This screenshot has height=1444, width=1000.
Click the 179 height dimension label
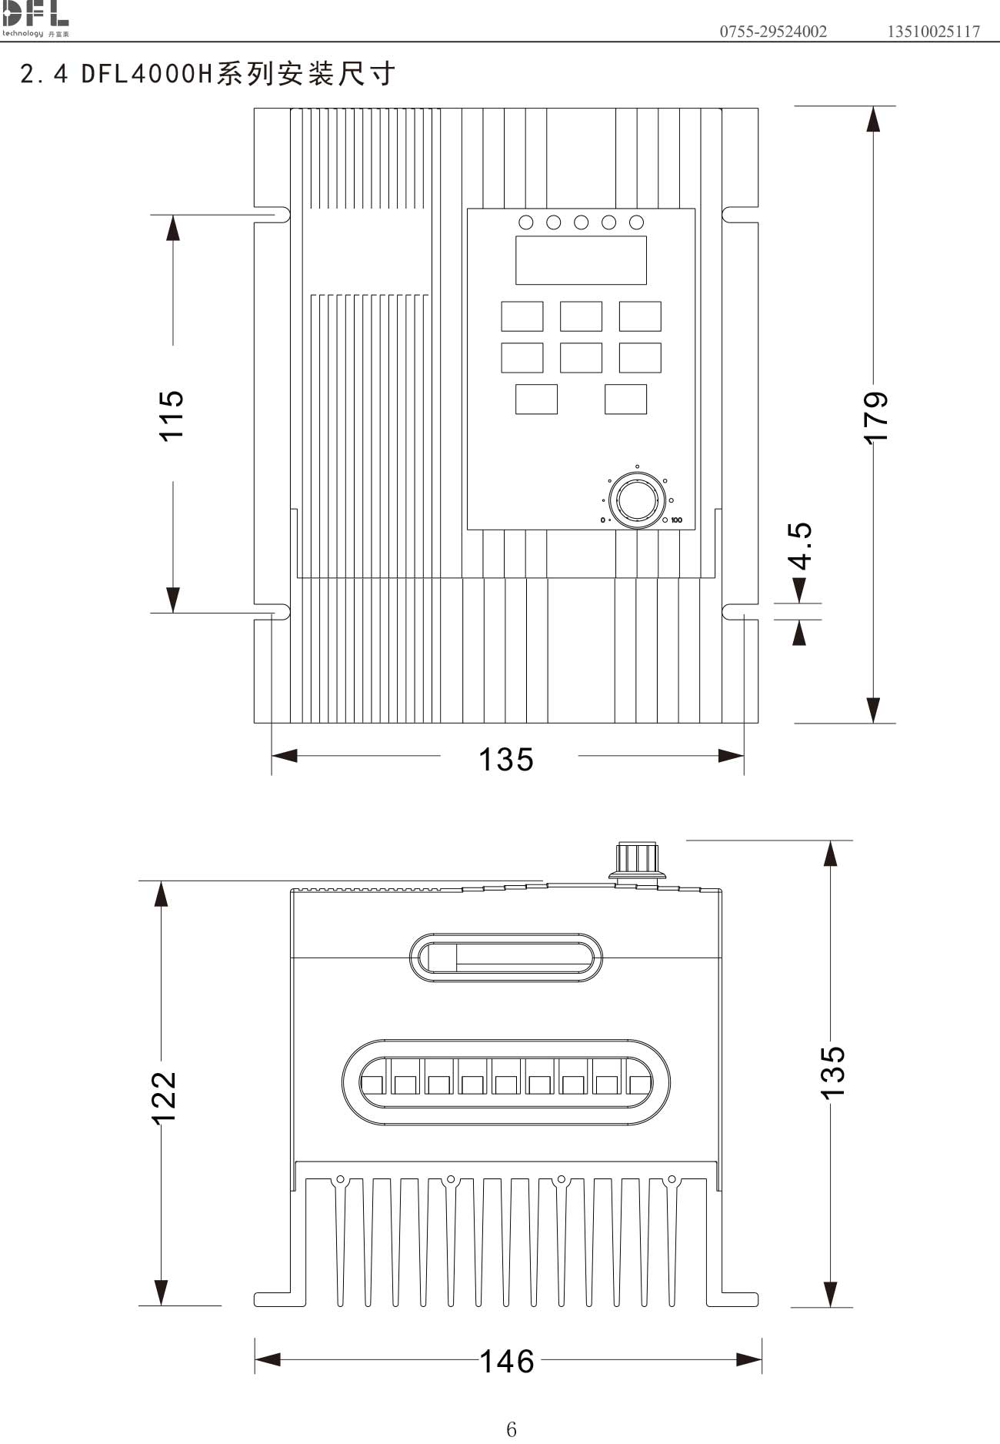[x=876, y=417]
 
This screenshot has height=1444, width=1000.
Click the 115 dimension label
[x=172, y=415]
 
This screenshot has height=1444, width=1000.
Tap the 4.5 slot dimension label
[x=801, y=546]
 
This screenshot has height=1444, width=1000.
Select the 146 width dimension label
[x=506, y=1361]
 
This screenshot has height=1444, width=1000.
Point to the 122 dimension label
[x=164, y=1098]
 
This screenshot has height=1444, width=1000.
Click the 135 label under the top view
[x=505, y=760]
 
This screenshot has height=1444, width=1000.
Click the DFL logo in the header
[x=35, y=18]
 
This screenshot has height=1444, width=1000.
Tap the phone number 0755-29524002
[x=773, y=32]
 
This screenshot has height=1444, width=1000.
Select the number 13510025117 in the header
[x=933, y=32]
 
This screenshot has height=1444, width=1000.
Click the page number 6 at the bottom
[x=512, y=1429]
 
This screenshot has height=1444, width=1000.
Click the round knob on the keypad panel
[x=636, y=501]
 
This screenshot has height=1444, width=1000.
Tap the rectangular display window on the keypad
[x=581, y=260]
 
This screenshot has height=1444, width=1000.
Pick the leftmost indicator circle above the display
[x=526, y=222]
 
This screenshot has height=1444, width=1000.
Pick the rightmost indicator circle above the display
[x=636, y=222]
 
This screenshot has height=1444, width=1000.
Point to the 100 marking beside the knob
[x=676, y=520]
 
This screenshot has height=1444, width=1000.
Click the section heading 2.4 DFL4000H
[x=208, y=74]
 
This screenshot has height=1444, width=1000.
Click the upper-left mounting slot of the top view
[x=273, y=215]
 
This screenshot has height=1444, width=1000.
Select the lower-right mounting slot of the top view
[x=739, y=612]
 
